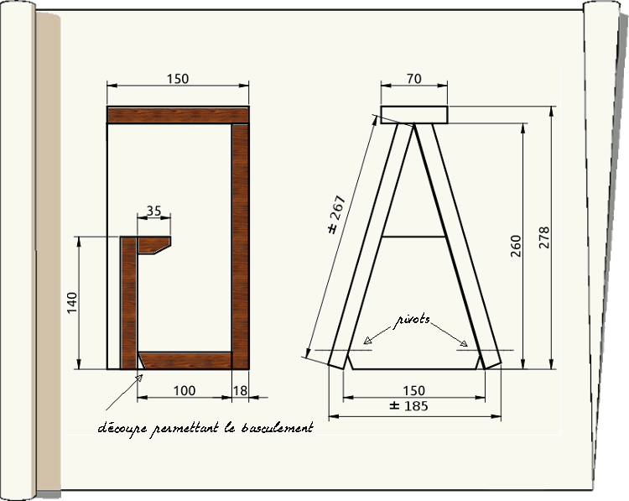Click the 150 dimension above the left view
[x=178, y=79]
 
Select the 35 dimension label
[x=153, y=211]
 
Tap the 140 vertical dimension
[x=72, y=303]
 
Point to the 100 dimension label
[x=185, y=391]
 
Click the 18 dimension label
[x=240, y=391]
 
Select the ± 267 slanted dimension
[x=333, y=216]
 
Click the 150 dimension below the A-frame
[x=413, y=391]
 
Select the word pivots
[x=413, y=320]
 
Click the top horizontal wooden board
[x=179, y=116]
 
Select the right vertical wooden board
[x=241, y=243]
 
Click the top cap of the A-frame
[x=414, y=115]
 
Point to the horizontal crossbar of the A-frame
[x=413, y=237]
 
